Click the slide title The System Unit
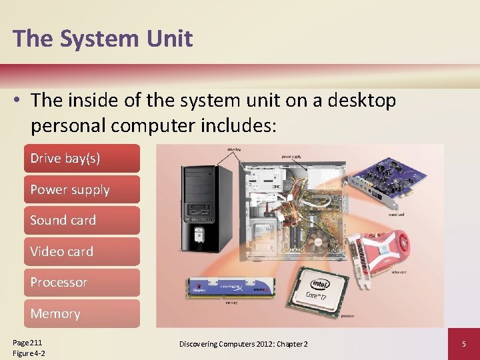tap(103, 39)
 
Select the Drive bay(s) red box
tap(81, 159)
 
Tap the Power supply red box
tap(81, 190)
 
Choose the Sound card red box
tap(81, 221)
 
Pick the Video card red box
tap(81, 252)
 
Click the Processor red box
tap(81, 283)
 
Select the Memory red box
tap(81, 313)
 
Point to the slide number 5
tap(463, 344)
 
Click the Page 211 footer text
tap(27, 342)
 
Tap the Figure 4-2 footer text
tap(29, 353)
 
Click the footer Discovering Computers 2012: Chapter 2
tap(243, 344)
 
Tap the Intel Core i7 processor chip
tap(322, 290)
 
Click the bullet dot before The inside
tap(19, 101)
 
